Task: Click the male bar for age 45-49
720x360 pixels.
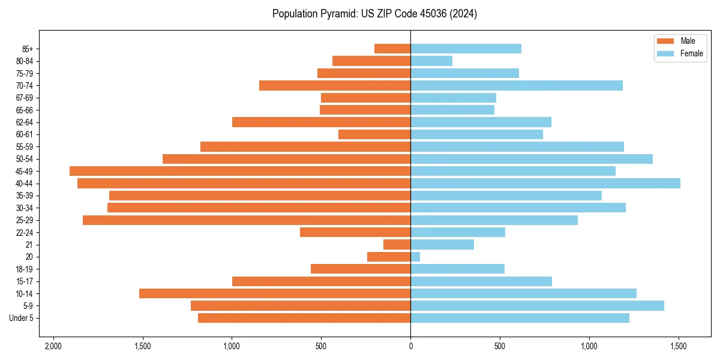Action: [x=240, y=171]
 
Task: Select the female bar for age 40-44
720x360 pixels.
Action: [x=545, y=184]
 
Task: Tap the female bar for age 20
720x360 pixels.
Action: [x=415, y=257]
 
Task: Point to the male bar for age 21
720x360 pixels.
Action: [x=397, y=245]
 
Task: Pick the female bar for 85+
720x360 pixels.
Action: [x=466, y=49]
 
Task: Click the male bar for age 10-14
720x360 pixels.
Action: [x=275, y=293]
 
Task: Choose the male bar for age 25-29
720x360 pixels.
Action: [x=247, y=220]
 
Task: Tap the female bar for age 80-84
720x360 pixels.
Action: [x=431, y=61]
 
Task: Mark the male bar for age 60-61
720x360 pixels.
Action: [x=374, y=134]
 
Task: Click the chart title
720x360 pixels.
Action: [x=374, y=14]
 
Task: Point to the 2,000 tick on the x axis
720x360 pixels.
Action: [x=53, y=346]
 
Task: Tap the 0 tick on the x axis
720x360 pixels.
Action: [x=410, y=346]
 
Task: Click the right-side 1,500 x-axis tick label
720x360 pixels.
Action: [x=679, y=346]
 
